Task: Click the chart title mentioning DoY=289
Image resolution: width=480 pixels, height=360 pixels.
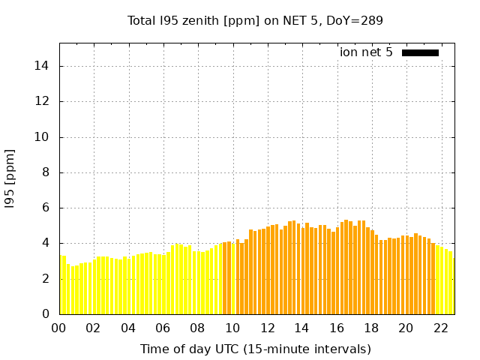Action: (255, 20)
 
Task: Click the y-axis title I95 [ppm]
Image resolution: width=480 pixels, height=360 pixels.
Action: (10, 178)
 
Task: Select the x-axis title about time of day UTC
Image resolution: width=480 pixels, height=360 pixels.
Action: (255, 349)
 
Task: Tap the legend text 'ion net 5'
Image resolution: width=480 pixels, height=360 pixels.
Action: (366, 52)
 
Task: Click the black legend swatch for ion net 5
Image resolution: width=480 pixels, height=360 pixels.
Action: (420, 52)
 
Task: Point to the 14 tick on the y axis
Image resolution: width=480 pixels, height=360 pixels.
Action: (43, 66)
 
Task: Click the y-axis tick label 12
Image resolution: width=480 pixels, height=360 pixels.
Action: (43, 101)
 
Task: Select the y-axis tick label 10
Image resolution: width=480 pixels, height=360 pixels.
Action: (43, 137)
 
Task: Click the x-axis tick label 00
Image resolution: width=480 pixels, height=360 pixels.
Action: (59, 328)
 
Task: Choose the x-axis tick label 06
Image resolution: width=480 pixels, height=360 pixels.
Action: (163, 328)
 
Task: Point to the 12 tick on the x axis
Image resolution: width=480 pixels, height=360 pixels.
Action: (267, 328)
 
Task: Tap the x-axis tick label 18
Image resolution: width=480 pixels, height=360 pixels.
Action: (371, 328)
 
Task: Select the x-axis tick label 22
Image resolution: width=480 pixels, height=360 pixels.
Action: (440, 328)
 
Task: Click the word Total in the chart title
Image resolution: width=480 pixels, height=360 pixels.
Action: (142, 20)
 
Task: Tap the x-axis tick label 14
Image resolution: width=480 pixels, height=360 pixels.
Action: (301, 328)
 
